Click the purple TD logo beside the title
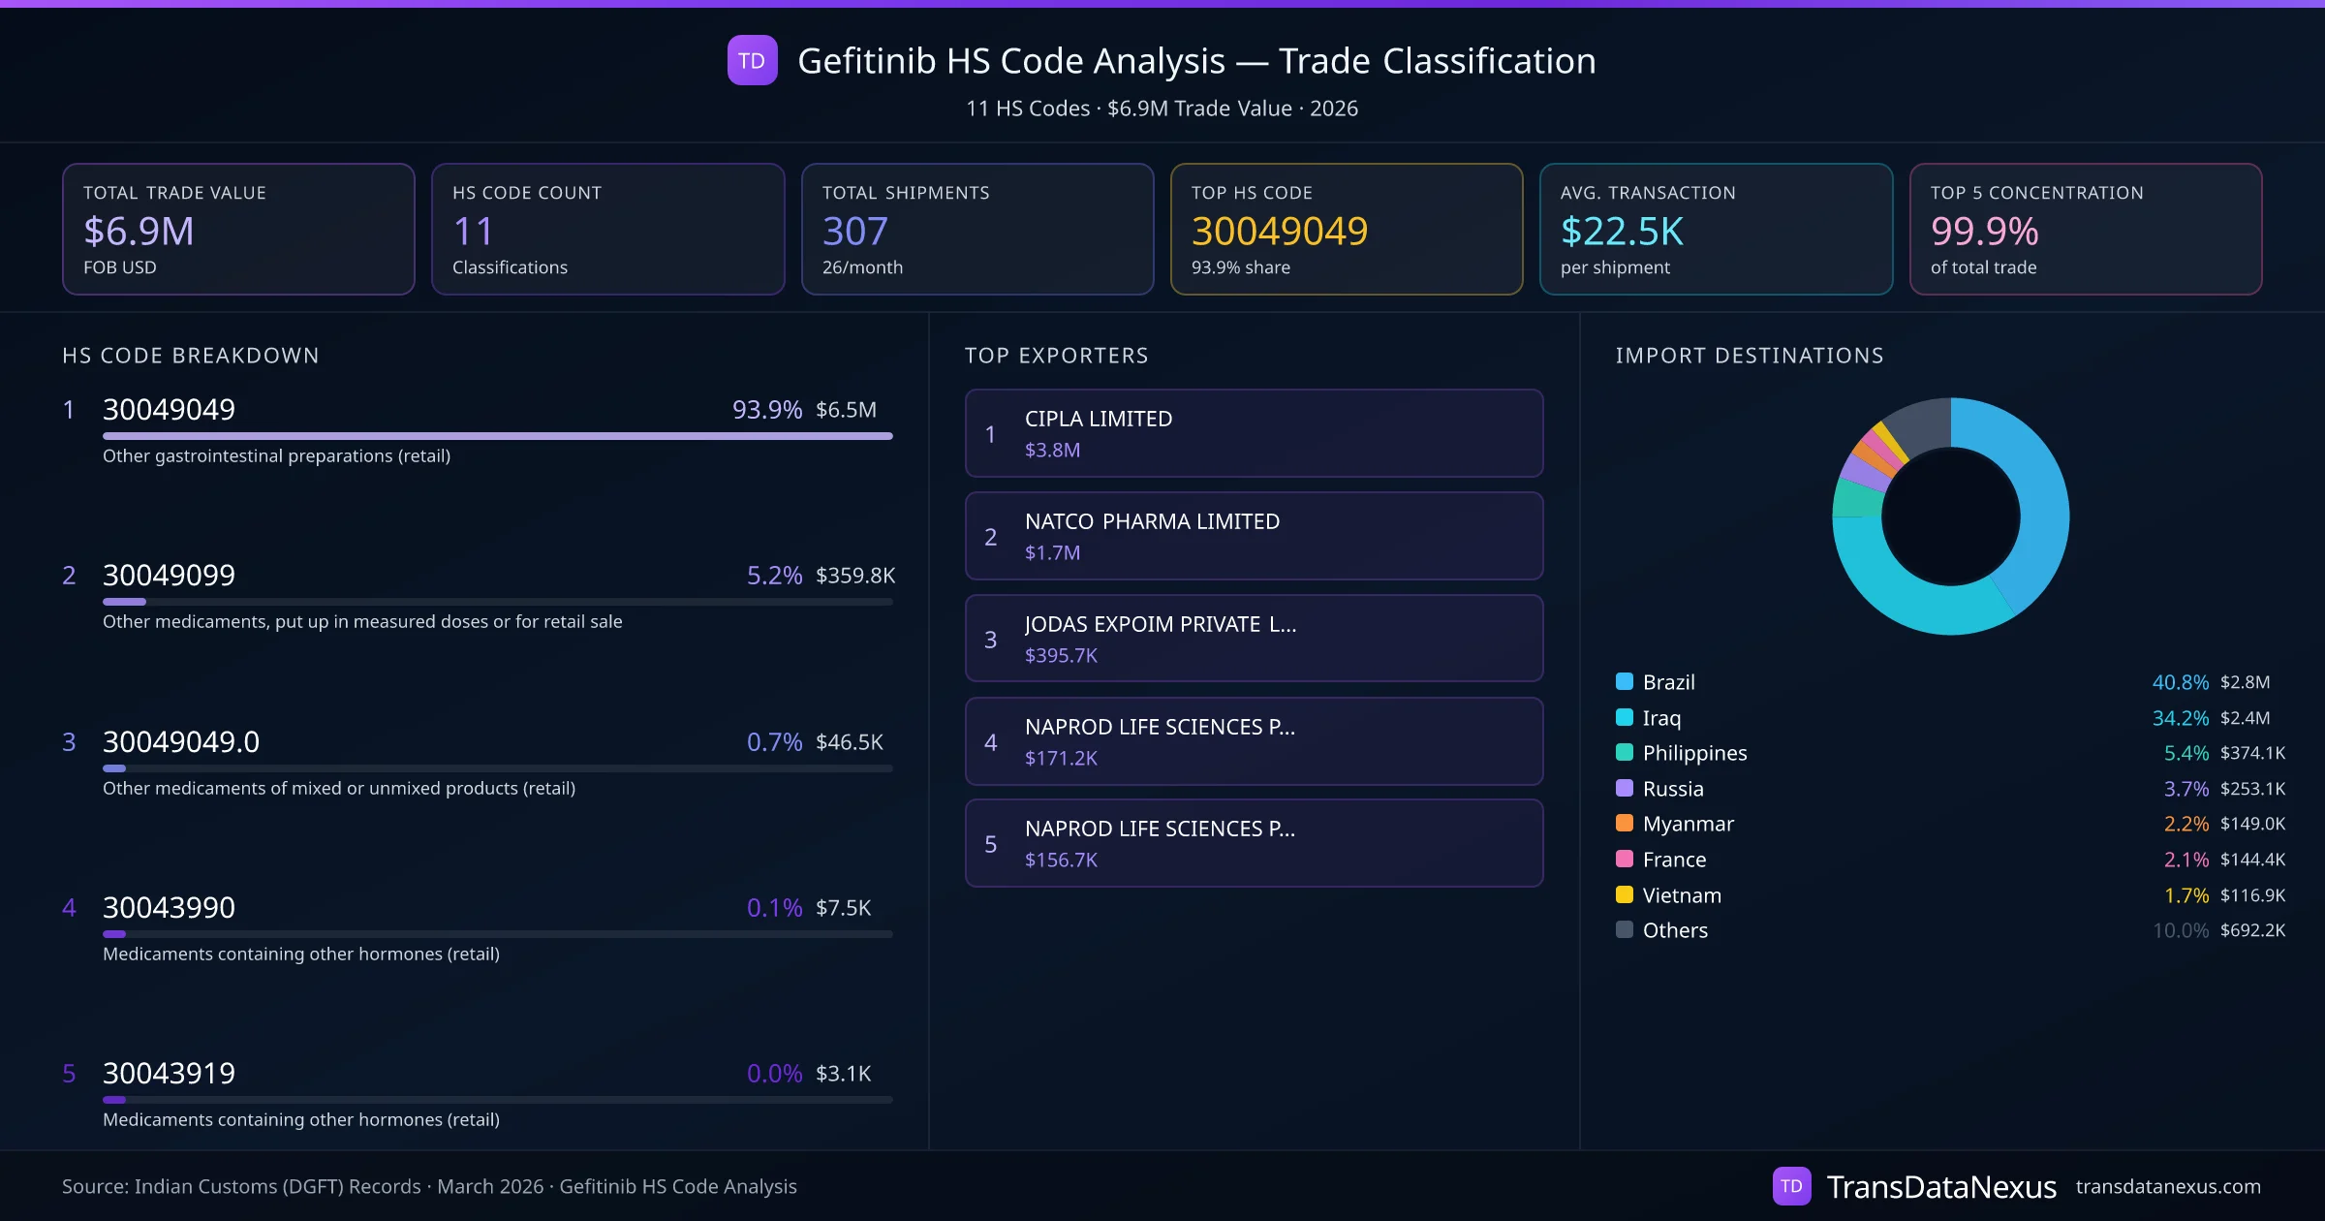[x=752, y=60]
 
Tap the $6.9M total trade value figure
[x=139, y=231]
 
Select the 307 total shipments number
[x=854, y=231]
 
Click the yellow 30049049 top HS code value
[x=1279, y=231]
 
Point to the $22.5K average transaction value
[x=1622, y=231]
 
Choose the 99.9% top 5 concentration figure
[x=1984, y=231]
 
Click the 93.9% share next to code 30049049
[x=766, y=410]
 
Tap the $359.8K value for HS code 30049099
[x=854, y=576]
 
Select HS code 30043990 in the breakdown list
[x=169, y=908]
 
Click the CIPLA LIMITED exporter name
[x=1098, y=419]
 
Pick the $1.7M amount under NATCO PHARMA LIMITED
[x=1052, y=552]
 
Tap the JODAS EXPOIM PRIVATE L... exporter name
[x=1160, y=624]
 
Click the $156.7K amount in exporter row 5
[x=1061, y=860]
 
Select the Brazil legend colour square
[x=1625, y=681]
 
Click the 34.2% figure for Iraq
[x=2180, y=718]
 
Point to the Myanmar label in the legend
[x=1688, y=824]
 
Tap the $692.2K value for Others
[x=2252, y=930]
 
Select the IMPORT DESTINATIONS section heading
[x=1749, y=356]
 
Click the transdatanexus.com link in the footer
[x=2167, y=1186]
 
